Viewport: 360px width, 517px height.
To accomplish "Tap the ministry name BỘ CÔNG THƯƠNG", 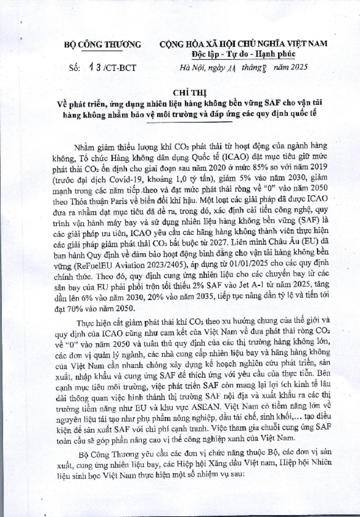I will click(101, 44).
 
